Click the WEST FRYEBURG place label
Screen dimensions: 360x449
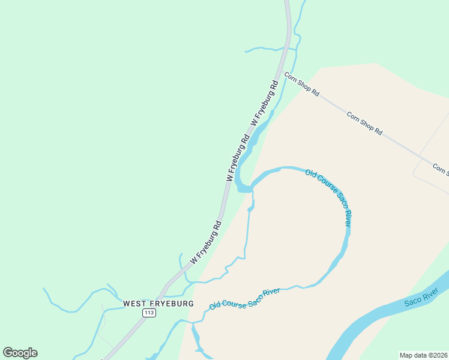158,304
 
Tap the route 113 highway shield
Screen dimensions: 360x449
149,314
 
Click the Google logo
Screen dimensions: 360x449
20,353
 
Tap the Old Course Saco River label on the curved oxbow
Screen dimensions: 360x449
328,197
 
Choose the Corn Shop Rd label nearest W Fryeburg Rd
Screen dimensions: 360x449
302,85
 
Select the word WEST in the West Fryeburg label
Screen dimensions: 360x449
134,304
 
